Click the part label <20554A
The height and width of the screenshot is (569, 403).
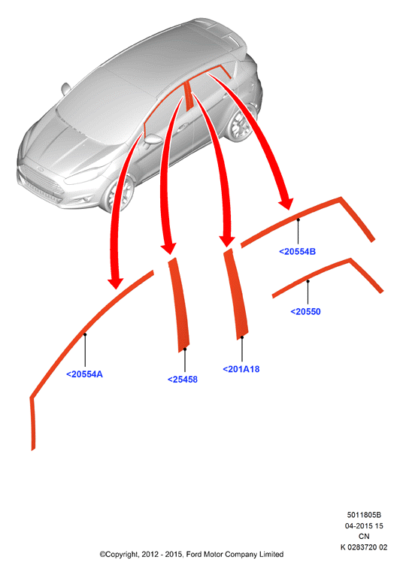tap(85, 374)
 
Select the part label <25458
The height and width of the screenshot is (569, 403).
tap(182, 380)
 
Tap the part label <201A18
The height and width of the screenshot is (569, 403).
tap(241, 369)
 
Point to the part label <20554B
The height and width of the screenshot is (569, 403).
tap(297, 252)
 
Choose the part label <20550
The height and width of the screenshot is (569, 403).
tap(306, 311)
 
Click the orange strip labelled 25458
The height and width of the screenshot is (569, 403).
tap(179, 305)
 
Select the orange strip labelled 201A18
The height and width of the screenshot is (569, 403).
tap(236, 294)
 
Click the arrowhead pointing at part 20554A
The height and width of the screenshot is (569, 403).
tap(116, 283)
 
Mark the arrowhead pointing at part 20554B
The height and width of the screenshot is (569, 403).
tap(286, 204)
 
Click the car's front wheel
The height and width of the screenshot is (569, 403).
tap(119, 193)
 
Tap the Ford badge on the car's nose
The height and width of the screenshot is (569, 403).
tap(40, 170)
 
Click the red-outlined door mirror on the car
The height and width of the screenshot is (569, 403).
tap(153, 139)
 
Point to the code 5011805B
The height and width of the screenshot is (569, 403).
tap(364, 515)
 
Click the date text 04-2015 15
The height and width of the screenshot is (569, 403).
tap(364, 526)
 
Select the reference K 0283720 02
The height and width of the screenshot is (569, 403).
tap(364, 547)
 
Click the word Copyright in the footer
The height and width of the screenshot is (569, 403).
tap(120, 555)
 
